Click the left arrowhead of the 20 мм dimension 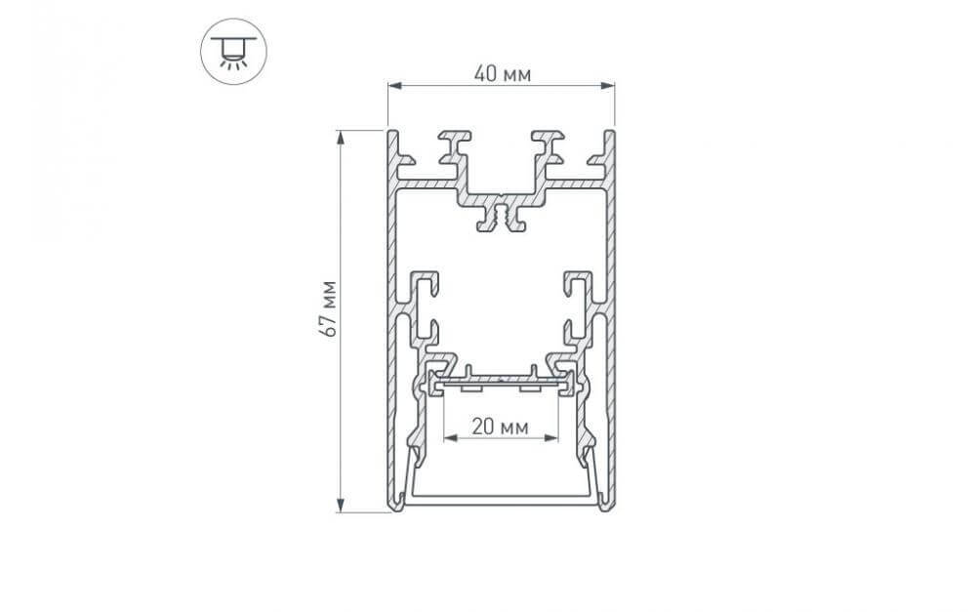click(450, 437)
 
